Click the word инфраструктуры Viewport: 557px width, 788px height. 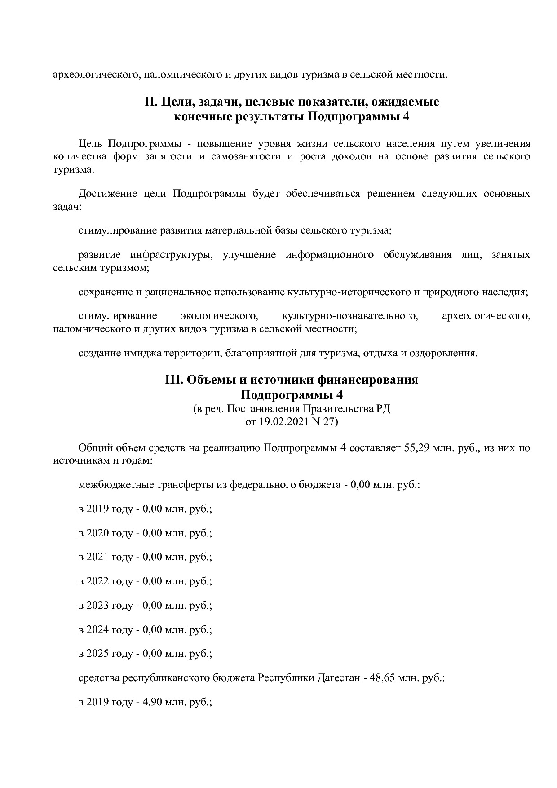171,255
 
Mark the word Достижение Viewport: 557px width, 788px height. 108,194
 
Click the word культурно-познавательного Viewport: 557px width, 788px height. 350,316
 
